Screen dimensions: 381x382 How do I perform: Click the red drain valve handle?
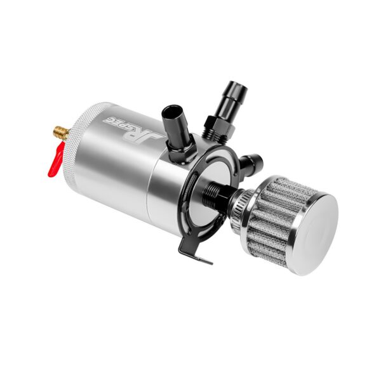[56, 161]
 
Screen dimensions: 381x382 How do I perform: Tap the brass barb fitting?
[61, 133]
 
